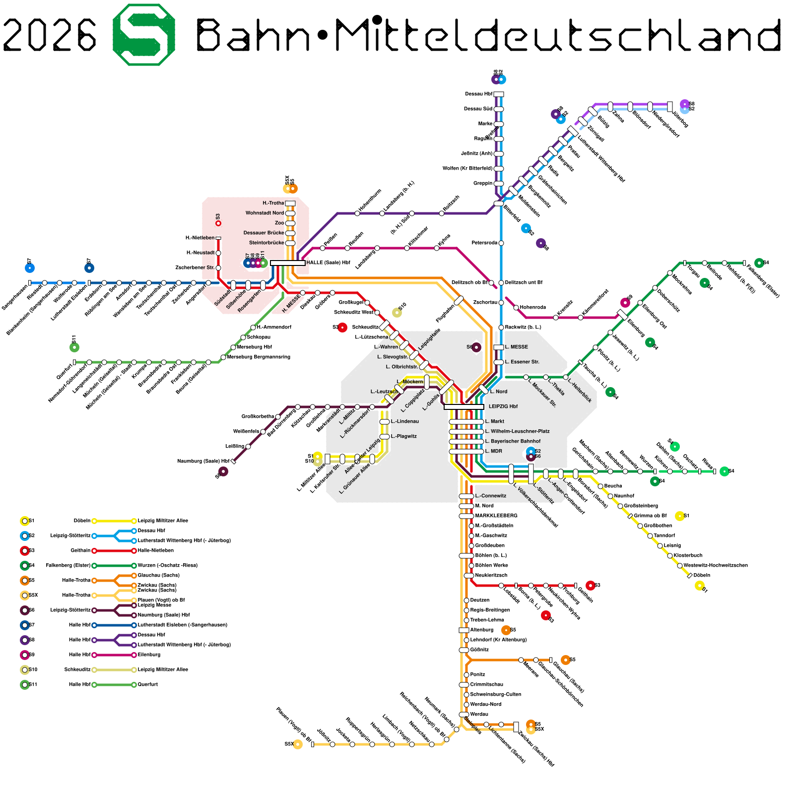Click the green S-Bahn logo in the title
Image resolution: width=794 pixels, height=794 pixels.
144,35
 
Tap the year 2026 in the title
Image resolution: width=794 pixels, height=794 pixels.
50,35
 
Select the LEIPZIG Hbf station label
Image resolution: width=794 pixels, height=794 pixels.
503,406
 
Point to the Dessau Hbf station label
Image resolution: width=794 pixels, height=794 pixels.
478,94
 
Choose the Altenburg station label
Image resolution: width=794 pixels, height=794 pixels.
481,630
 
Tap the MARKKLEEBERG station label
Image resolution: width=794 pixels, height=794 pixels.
496,516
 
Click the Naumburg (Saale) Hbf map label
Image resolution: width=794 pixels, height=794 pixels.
203,461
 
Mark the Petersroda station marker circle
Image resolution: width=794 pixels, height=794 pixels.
501,243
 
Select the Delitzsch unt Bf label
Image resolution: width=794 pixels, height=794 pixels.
524,282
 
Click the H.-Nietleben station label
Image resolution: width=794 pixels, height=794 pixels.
200,238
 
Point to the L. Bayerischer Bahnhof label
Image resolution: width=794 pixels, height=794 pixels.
513,441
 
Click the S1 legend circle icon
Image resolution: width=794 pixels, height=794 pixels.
25,521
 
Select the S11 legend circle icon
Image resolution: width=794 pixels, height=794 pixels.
25,685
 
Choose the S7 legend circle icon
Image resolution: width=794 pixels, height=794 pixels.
25,625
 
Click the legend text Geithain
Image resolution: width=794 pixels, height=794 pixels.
80,550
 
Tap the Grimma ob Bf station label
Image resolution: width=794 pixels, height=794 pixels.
650,516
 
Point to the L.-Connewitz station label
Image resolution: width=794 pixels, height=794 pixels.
490,496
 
